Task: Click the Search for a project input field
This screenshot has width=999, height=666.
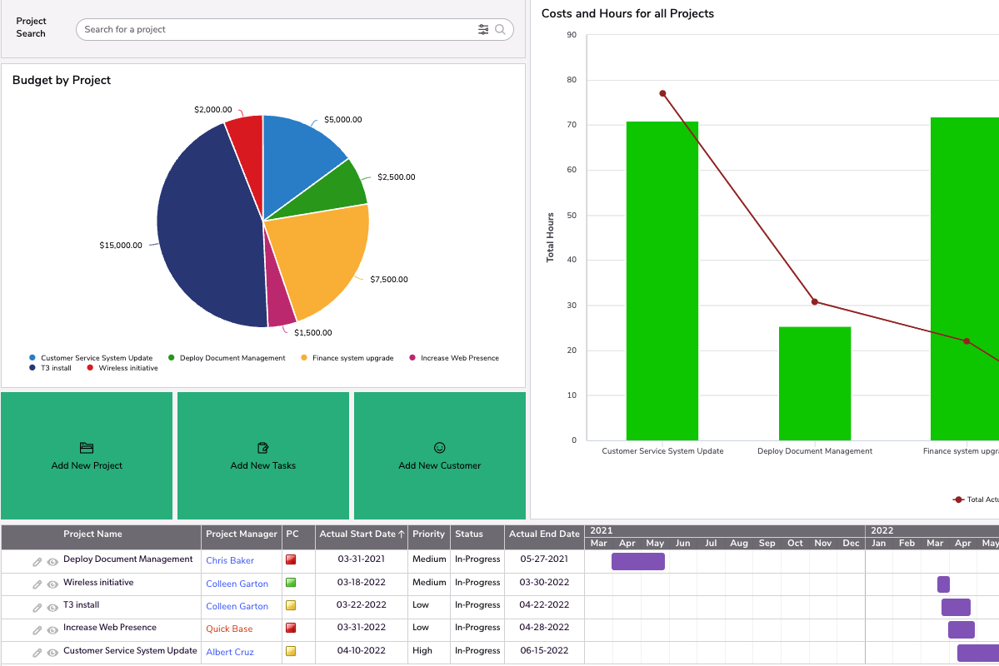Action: pyautogui.click(x=275, y=29)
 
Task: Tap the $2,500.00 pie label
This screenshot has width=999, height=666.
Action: pyautogui.click(x=396, y=177)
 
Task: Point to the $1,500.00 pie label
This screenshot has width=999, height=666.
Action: pyautogui.click(x=312, y=333)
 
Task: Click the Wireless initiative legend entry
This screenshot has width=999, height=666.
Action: pyautogui.click(x=127, y=368)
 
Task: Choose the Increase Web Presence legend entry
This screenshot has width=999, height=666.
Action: pyautogui.click(x=459, y=358)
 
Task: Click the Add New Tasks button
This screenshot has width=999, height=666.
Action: pyautogui.click(x=262, y=456)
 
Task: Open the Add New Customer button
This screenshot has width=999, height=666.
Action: pyautogui.click(x=439, y=456)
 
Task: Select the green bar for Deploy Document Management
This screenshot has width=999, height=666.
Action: pyautogui.click(x=814, y=383)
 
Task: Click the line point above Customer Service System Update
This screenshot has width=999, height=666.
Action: pyautogui.click(x=662, y=93)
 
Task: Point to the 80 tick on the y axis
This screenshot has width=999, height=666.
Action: pyautogui.click(x=572, y=80)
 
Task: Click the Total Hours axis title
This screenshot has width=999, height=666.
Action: pyautogui.click(x=550, y=237)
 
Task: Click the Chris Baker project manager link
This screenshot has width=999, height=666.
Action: pyautogui.click(x=230, y=561)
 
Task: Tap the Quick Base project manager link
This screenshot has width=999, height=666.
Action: pyautogui.click(x=229, y=629)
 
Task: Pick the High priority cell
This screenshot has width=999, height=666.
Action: pyautogui.click(x=422, y=651)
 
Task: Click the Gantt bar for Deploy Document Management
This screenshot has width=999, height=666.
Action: pyautogui.click(x=637, y=561)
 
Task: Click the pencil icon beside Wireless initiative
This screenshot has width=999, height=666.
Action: pyautogui.click(x=37, y=584)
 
